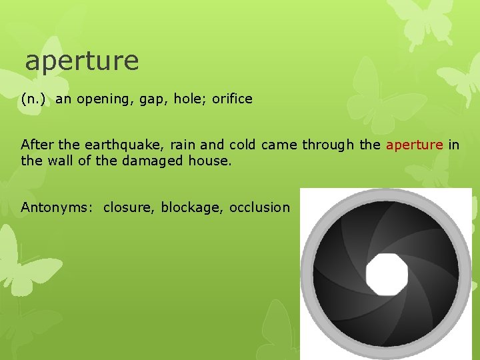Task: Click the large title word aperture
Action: [x=82, y=61]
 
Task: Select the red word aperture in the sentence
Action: [x=414, y=145]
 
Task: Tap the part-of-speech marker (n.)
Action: [x=33, y=99]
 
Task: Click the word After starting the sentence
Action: [x=37, y=145]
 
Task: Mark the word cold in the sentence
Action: [x=242, y=145]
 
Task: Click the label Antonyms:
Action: [x=57, y=207]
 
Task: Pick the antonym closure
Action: [x=128, y=207]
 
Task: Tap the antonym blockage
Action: [x=191, y=207]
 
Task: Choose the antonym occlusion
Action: [x=259, y=207]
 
